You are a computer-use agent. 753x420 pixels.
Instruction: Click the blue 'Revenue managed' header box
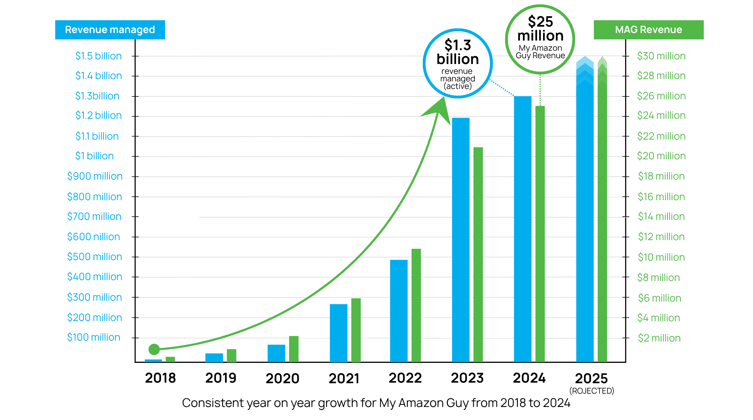click(110, 30)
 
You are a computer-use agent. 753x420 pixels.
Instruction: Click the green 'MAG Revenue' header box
click(648, 30)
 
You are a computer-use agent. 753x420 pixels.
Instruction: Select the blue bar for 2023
click(461, 240)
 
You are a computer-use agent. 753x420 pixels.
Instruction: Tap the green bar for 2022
click(416, 305)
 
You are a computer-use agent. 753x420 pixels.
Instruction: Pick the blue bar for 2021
click(339, 333)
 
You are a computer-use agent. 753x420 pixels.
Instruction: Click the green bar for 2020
click(293, 349)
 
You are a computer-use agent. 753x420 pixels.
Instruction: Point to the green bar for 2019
click(231, 355)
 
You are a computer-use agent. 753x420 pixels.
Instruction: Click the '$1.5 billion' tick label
click(98, 56)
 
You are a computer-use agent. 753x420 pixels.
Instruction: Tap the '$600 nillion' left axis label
click(94, 236)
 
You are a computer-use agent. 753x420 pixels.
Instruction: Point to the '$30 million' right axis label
click(661, 56)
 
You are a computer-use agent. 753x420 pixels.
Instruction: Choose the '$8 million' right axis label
click(658, 277)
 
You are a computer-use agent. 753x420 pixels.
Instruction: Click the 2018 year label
click(160, 378)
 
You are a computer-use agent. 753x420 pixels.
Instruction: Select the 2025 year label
click(591, 379)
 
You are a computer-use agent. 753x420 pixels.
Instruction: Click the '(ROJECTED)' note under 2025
click(591, 391)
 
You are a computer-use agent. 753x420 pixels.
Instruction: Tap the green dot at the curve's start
click(154, 349)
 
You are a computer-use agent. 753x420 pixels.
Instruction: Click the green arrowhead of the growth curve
click(438, 109)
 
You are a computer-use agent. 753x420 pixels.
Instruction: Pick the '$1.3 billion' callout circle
click(458, 63)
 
